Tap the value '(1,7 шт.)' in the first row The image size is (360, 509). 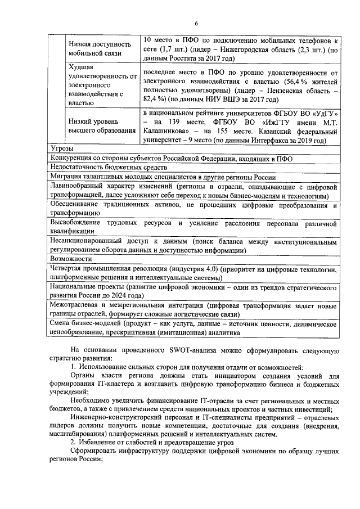pyautogui.click(x=168, y=50)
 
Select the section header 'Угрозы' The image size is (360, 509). pyautogui.click(x=62, y=148)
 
